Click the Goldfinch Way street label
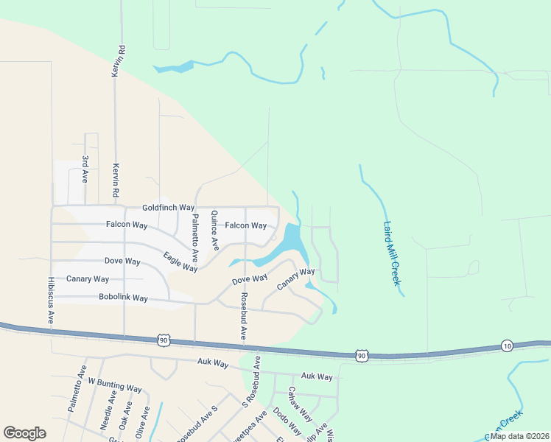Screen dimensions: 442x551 click(168, 208)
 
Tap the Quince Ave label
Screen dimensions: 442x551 click(214, 231)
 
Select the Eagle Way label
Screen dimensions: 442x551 click(180, 262)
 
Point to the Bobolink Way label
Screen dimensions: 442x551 click(123, 298)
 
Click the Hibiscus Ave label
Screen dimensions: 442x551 click(51, 301)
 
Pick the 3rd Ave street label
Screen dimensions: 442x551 click(85, 169)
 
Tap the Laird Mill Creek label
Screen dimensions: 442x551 click(392, 254)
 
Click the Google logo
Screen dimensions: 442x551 click(24, 433)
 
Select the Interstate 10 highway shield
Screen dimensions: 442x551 click(507, 345)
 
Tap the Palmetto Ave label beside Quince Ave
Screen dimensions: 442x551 click(195, 238)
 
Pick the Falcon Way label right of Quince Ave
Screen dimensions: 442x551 click(245, 225)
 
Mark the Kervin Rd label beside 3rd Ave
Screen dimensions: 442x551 click(116, 180)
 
